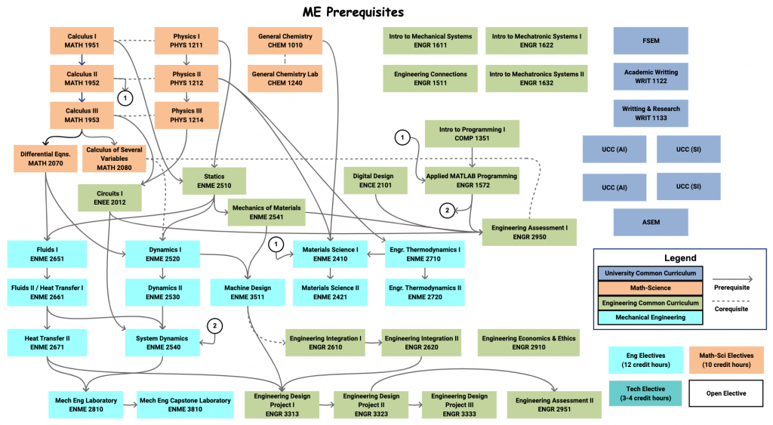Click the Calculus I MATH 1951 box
82,41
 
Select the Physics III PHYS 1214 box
186,115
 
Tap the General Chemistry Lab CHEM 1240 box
285,79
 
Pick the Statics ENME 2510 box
214,181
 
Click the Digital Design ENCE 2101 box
375,180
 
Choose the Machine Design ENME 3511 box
248,292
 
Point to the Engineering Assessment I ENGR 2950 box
529,233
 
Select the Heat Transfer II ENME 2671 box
47,343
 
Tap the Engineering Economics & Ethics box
528,343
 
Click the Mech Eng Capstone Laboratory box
185,405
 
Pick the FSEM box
651,41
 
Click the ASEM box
651,223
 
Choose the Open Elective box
726,393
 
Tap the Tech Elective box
645,393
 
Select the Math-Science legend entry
650,288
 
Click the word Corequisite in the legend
731,310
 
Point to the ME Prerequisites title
353,12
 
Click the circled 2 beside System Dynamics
214,326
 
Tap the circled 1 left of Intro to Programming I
402,137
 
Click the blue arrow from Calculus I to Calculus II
82,60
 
